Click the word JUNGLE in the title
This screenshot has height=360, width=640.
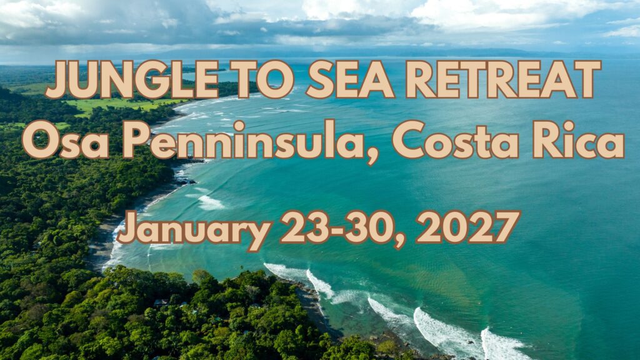coord(132,79)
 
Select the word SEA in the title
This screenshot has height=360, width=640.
coord(350,79)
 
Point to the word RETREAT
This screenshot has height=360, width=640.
coord(503,79)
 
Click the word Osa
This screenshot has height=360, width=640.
coord(65,139)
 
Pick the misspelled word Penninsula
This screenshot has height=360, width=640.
coord(243,139)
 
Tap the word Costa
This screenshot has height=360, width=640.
coord(456,139)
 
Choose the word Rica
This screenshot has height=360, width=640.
coord(579,139)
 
